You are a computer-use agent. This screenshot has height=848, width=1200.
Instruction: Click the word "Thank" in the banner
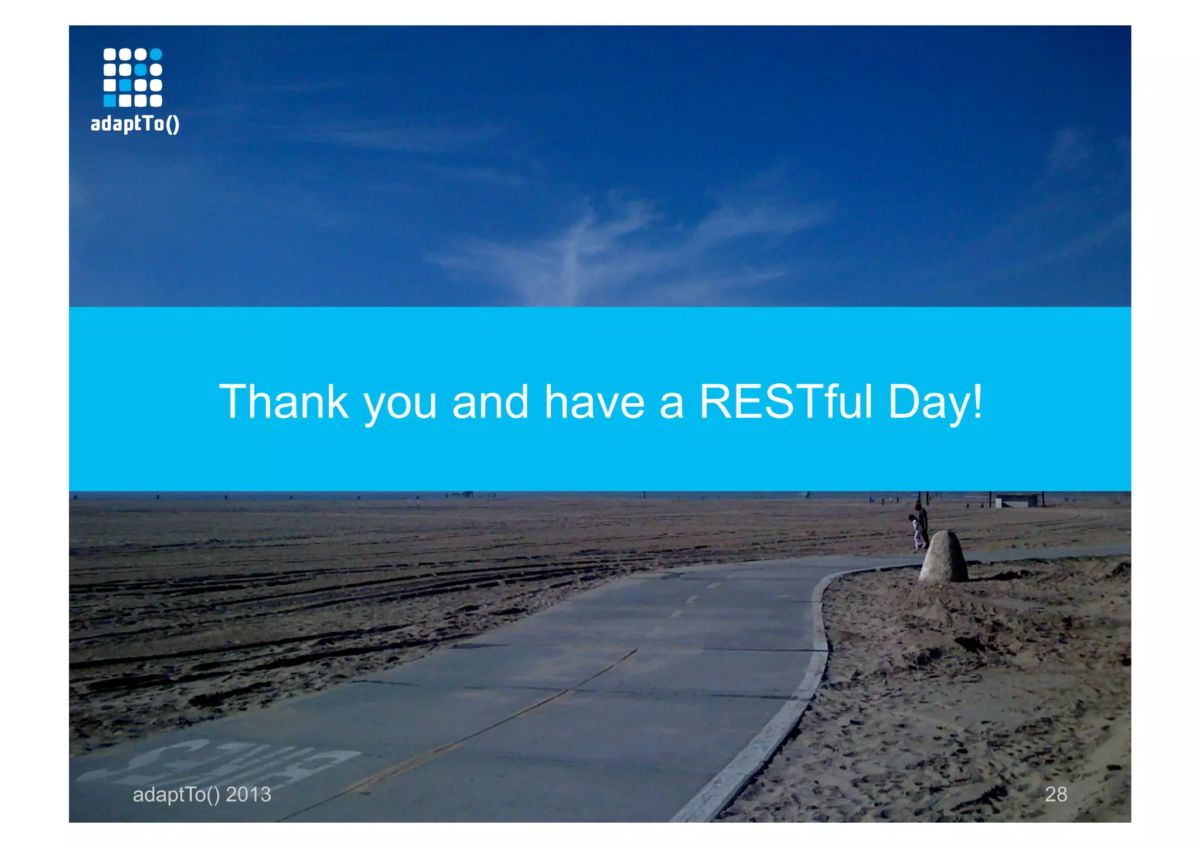(284, 402)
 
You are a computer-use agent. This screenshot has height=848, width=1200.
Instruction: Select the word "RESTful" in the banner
(786, 402)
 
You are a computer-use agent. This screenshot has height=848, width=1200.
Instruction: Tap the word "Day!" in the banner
(935, 402)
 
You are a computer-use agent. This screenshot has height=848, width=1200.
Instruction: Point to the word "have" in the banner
(594, 402)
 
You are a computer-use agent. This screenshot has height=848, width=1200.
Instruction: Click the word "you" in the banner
(400, 404)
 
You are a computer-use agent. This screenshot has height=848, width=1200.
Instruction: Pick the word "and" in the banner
(490, 402)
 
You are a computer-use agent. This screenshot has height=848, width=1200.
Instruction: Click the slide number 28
(1055, 794)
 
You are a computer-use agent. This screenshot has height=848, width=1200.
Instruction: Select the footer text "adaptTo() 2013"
(202, 794)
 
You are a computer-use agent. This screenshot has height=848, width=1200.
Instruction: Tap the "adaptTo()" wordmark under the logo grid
(135, 124)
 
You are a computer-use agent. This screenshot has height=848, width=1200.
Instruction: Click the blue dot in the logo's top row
(156, 55)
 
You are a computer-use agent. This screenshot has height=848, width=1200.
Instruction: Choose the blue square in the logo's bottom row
(110, 101)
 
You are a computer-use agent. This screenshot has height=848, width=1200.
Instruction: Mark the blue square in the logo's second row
(141, 70)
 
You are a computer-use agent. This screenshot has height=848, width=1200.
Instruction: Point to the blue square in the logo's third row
(125, 86)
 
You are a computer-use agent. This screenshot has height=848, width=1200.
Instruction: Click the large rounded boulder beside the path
(943, 556)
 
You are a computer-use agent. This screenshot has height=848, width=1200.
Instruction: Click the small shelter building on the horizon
(1019, 500)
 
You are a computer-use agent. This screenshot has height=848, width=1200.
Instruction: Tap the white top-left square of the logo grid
(110, 55)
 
